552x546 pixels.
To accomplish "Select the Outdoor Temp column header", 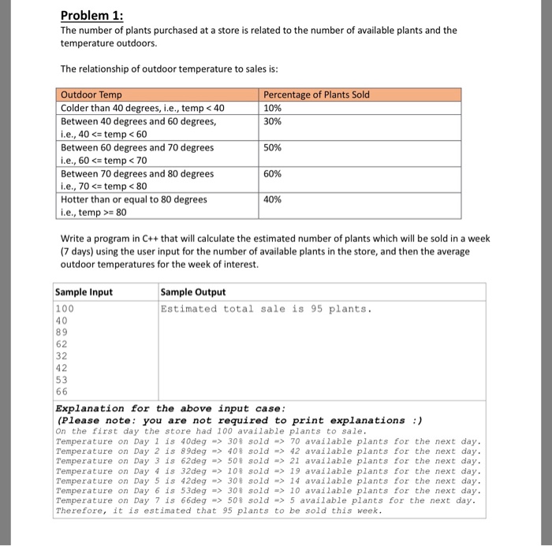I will coord(91,95).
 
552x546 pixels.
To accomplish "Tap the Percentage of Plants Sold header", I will coord(316,95).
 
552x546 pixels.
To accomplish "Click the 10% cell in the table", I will coord(272,108).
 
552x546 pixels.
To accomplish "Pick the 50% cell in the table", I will coord(272,147).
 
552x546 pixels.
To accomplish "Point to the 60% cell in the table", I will coord(272,173).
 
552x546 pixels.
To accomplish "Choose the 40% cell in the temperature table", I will coord(272,199).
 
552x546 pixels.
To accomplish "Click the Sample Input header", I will coord(84,292).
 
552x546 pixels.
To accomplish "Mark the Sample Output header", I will coord(192,292).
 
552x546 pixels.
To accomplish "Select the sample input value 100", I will coord(63,309).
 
